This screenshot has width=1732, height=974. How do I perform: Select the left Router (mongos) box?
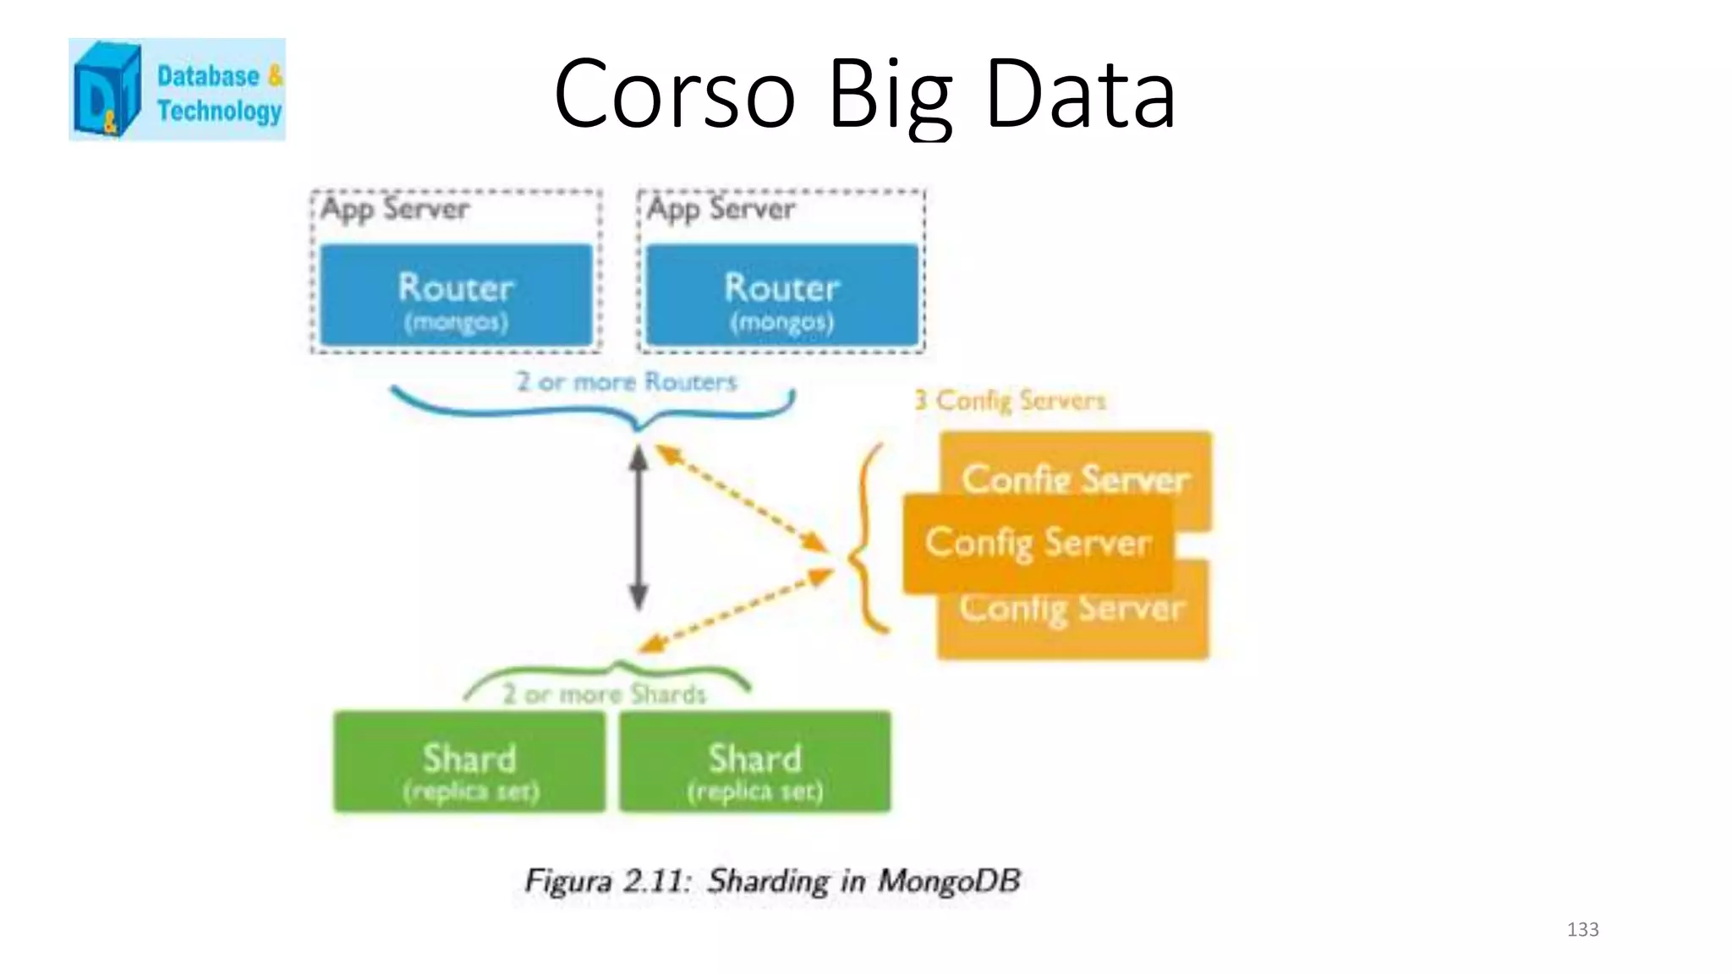(456, 295)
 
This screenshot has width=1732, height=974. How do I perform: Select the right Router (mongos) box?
(781, 295)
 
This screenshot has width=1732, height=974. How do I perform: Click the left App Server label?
(394, 209)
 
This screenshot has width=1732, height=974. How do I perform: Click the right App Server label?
(721, 209)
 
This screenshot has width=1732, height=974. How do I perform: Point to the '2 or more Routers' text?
(627, 382)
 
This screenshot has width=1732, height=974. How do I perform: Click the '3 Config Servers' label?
(1010, 400)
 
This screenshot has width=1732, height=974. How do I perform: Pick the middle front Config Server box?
(1038, 544)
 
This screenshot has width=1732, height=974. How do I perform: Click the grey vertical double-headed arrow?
(639, 528)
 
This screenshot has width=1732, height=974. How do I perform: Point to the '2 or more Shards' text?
(604, 695)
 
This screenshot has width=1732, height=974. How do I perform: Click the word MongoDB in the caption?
(949, 881)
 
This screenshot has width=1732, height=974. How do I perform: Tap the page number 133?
(1582, 930)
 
